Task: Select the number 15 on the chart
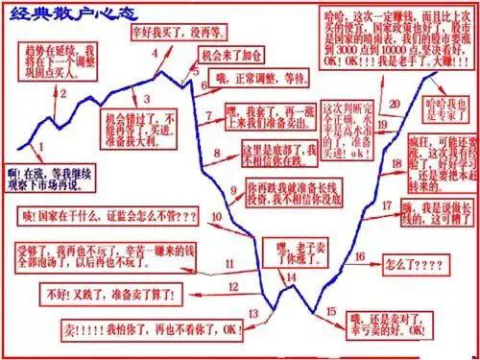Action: click(331, 312)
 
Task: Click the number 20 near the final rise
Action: click(395, 103)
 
